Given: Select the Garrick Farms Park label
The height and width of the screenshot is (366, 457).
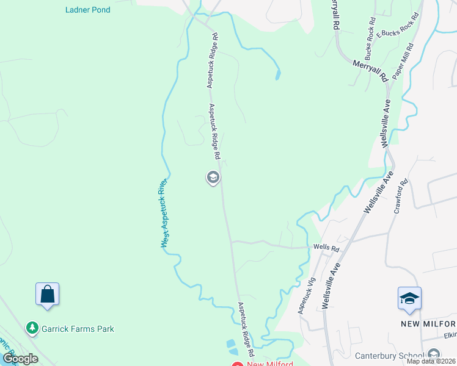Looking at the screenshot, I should pyautogui.click(x=78, y=329).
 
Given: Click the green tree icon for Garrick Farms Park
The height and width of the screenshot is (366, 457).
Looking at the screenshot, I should pyautogui.click(x=32, y=329).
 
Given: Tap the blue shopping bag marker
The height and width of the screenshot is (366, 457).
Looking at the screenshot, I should pyautogui.click(x=47, y=295).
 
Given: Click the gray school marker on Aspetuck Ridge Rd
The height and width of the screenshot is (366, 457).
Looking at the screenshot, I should pyautogui.click(x=213, y=178).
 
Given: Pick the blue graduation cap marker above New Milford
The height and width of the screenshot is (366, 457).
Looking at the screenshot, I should pyautogui.click(x=409, y=298).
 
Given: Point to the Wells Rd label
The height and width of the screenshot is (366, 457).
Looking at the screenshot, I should pyautogui.click(x=326, y=248).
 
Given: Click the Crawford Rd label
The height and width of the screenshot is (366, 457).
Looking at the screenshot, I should pyautogui.click(x=401, y=196).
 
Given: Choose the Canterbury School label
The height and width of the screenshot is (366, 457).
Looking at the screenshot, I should pyautogui.click(x=390, y=356).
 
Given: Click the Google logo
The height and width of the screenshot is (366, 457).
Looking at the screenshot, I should pyautogui.click(x=20, y=359).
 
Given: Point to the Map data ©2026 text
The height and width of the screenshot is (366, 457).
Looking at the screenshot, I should pyautogui.click(x=431, y=361).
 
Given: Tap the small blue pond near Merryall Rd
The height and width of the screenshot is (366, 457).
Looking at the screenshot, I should pyautogui.click(x=278, y=76).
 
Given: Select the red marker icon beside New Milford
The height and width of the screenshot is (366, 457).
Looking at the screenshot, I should pyautogui.click(x=238, y=364).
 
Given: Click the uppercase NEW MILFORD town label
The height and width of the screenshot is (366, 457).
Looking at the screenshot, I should pyautogui.click(x=428, y=323).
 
